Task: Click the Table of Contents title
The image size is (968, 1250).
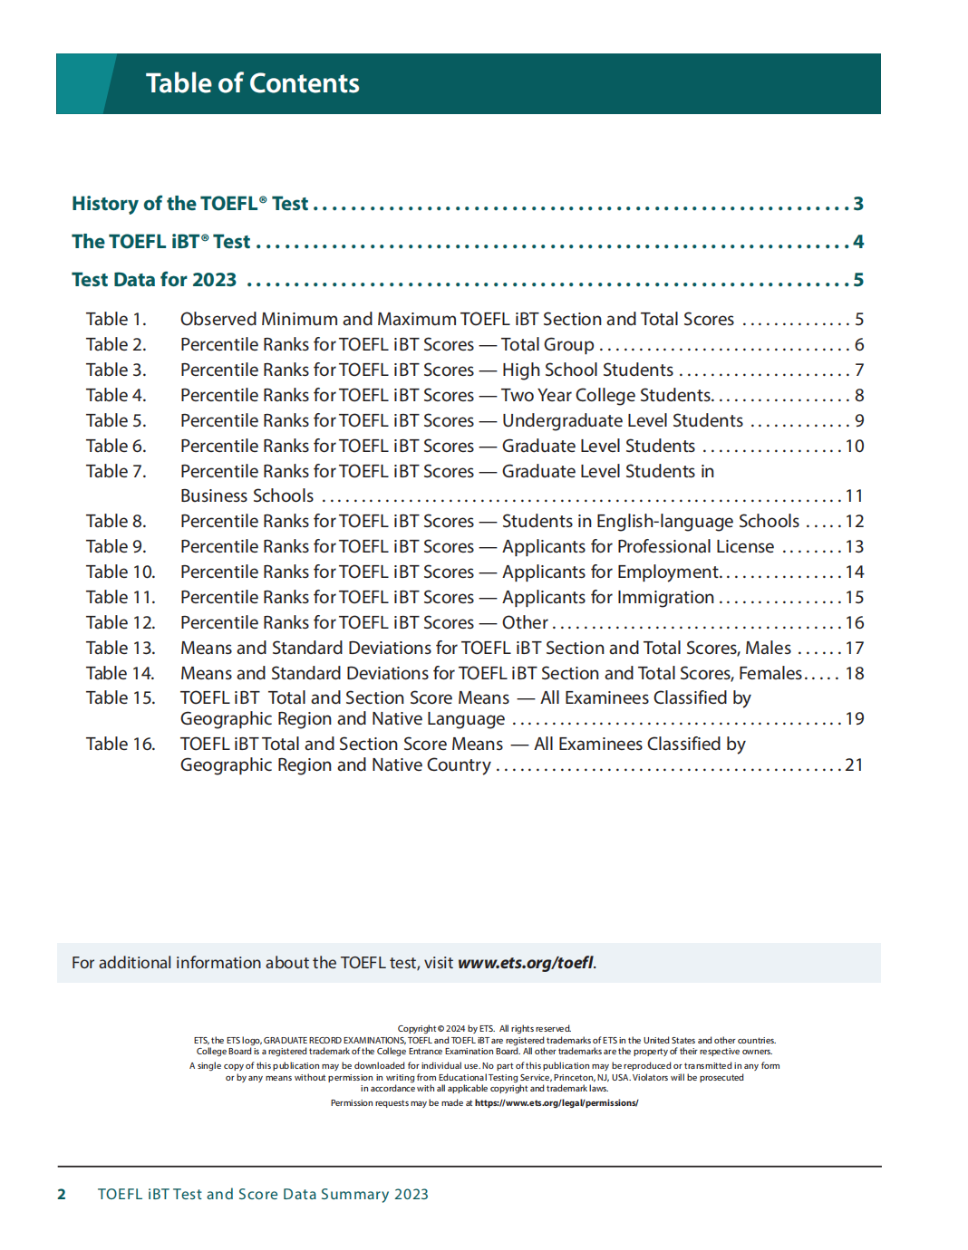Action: [x=252, y=83]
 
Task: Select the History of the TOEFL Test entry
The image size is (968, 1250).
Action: [x=189, y=204]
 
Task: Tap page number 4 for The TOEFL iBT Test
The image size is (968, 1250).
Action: [x=858, y=242]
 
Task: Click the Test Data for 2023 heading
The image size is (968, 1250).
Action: [x=154, y=280]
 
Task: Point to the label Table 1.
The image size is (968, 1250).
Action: [x=116, y=320]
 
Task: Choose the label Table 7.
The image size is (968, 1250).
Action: [x=116, y=472]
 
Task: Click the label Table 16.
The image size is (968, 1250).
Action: [x=121, y=745]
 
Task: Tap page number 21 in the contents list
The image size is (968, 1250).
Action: [x=854, y=765]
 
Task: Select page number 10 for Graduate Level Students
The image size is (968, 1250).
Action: [x=855, y=447]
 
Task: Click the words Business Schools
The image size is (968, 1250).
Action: [x=247, y=496]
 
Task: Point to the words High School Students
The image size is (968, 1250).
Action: [x=587, y=370]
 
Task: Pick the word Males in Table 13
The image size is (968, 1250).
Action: [x=768, y=649]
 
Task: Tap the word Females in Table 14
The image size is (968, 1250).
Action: [x=770, y=674]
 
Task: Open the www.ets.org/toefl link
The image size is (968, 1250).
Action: [x=526, y=963]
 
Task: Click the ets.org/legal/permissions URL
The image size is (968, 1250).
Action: [x=556, y=1103]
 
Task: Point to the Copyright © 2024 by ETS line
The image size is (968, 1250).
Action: [x=484, y=1029]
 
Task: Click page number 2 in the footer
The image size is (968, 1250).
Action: [x=62, y=1195]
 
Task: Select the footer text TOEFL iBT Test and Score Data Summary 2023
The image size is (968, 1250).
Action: [x=263, y=1195]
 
